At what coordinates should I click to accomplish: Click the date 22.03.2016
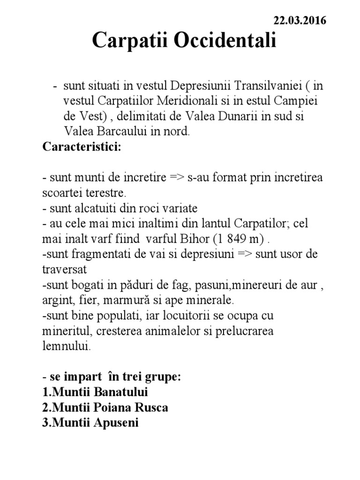300,21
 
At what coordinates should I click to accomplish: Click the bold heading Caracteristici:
82,147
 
